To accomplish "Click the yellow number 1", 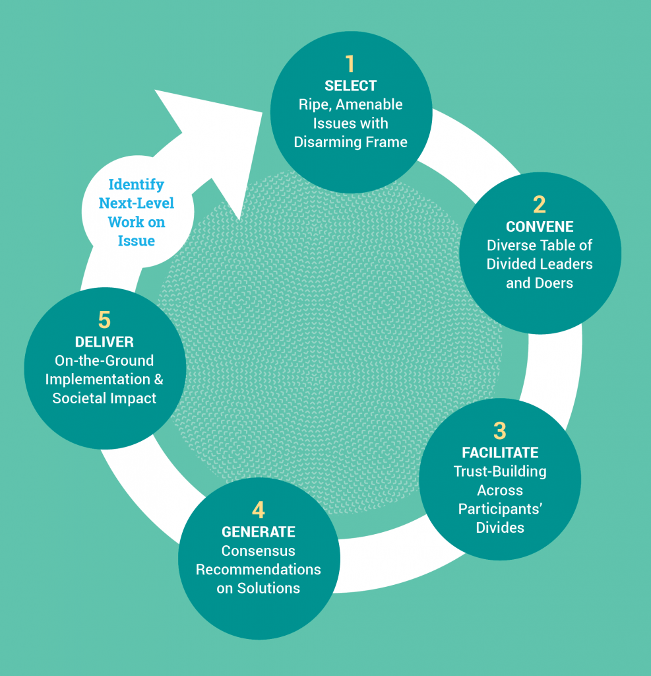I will [x=350, y=63].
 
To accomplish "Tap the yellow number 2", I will [x=540, y=204].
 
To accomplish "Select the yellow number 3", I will [x=500, y=430].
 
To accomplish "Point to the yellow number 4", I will [x=259, y=510].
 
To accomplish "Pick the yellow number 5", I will [x=104, y=320].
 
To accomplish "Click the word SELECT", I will [x=350, y=86].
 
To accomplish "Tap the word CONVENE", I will [x=540, y=226].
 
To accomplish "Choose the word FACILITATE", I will [x=500, y=453].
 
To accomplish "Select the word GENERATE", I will [x=259, y=532].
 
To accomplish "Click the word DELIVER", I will [x=104, y=342].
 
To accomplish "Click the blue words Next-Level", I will [x=137, y=203].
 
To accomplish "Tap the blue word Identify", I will [x=137, y=184].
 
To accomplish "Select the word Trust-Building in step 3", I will [x=500, y=471].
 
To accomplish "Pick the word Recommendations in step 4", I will [x=259, y=569].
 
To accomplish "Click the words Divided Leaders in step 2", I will [x=540, y=264].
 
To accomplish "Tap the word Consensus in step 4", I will [x=259, y=551].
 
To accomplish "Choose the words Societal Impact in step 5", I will [x=104, y=398].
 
